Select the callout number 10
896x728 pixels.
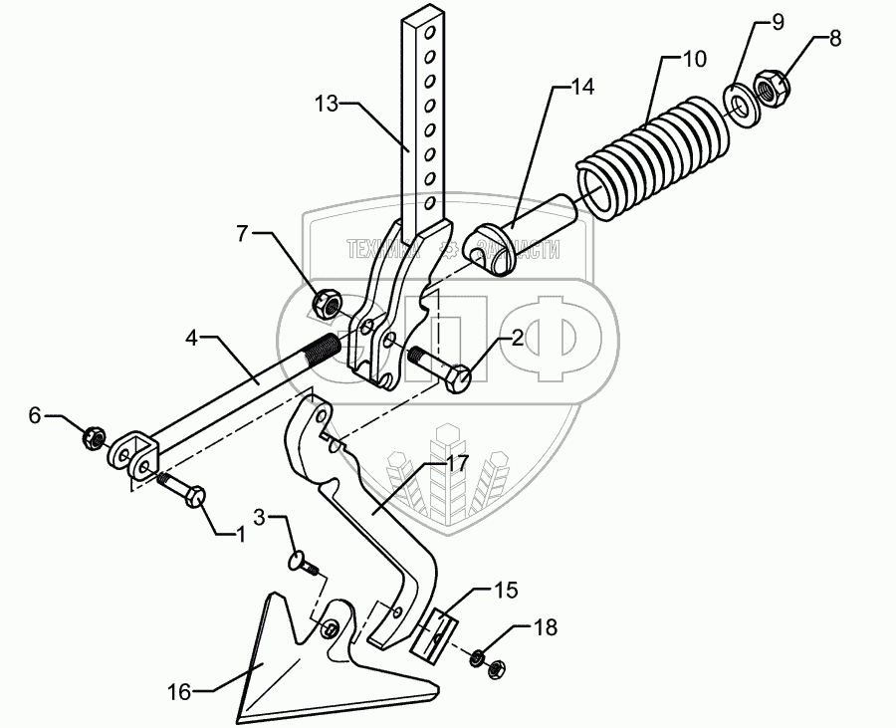click(x=693, y=59)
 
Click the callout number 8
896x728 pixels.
click(x=834, y=40)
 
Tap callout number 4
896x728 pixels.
click(x=193, y=339)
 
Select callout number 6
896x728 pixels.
click(x=35, y=416)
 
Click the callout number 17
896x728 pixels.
click(x=457, y=463)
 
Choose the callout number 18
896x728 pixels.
click(x=546, y=627)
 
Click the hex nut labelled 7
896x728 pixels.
click(x=327, y=302)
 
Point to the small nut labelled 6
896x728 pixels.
click(x=94, y=435)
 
